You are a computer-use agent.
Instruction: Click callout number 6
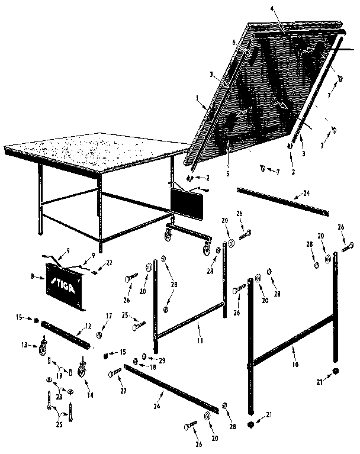(x=234, y=41)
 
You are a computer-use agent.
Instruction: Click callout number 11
(x=200, y=341)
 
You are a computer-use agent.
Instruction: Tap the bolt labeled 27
(x=114, y=372)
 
